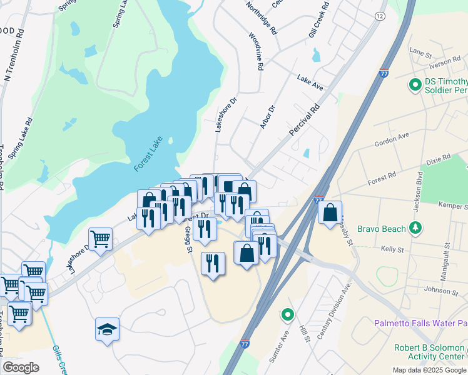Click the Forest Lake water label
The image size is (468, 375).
[148, 154]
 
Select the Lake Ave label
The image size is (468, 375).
[310, 82]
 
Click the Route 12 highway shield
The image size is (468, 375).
[380, 16]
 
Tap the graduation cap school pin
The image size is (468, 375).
[107, 329]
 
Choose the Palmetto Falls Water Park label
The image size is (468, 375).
[420, 323]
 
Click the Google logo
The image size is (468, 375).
[20, 367]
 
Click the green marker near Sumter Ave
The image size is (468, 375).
[288, 314]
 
